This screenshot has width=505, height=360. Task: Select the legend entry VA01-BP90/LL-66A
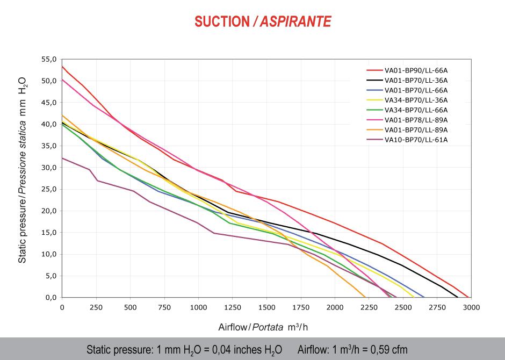[x=416, y=70]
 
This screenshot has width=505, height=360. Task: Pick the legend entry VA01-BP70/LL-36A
[x=416, y=80]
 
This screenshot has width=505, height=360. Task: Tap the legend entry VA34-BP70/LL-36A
[x=416, y=100]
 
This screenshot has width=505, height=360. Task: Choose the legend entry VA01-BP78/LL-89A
[x=416, y=120]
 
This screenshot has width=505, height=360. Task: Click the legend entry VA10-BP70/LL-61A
[x=416, y=140]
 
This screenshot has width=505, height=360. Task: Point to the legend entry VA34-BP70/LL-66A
[x=416, y=110]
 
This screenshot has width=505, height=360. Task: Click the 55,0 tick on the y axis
[x=48, y=59]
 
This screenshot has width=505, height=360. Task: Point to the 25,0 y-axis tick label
[x=48, y=189]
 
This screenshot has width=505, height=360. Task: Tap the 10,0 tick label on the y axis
[x=48, y=254]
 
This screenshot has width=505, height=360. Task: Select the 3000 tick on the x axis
[x=471, y=307]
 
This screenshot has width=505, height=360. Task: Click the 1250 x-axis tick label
[x=233, y=307]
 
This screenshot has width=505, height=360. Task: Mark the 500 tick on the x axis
[x=131, y=307]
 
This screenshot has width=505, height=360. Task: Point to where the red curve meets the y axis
[x=62, y=67]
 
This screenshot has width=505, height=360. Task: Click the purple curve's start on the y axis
[x=62, y=158]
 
